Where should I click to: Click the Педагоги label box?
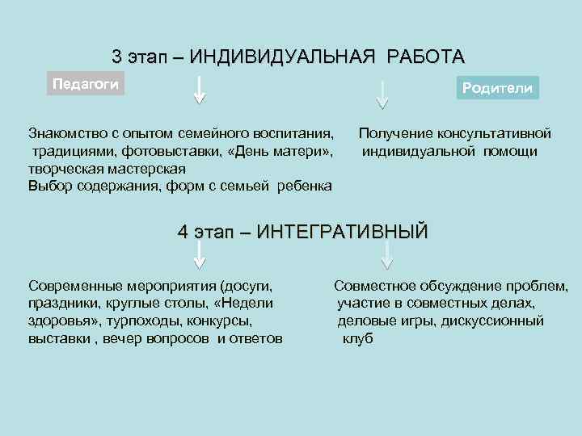tap(86, 84)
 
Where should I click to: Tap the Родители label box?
tap(497, 88)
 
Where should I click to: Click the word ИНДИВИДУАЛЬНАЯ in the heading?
tap(283, 57)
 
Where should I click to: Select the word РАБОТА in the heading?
tap(426, 57)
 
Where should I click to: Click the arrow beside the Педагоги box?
tap(200, 90)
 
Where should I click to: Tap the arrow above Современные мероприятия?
tap(200, 254)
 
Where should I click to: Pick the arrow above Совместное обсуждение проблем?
tap(387, 254)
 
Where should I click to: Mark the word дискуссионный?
tap(492, 321)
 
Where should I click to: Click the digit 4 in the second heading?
tap(183, 232)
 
